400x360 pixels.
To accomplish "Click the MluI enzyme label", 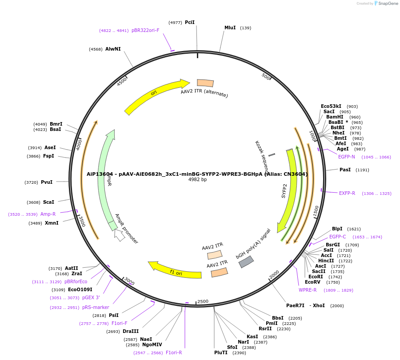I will click(230, 28).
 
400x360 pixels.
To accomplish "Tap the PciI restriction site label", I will click(190, 22).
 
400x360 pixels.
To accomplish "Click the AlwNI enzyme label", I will click(113, 49).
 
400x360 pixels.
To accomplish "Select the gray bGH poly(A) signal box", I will click(246, 262).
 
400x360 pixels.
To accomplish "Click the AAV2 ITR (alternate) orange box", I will click(205, 83).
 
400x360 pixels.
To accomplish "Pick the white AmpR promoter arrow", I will click(119, 235).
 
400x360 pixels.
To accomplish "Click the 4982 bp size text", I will click(197, 179).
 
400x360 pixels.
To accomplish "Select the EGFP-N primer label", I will click(346, 157).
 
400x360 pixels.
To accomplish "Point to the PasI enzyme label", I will click(345, 170).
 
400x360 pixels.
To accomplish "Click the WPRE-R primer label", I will click(308, 290).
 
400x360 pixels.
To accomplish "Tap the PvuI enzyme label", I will click(47, 182).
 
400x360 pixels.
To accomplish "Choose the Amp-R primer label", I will click(48, 214).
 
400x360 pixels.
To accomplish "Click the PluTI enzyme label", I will click(220, 352).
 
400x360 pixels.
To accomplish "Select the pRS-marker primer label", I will click(96, 307).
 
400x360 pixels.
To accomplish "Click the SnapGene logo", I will click(388, 4).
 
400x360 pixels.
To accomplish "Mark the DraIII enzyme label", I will click(131, 331).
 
